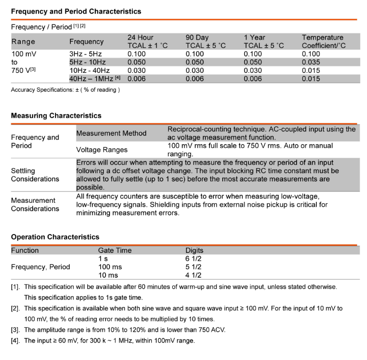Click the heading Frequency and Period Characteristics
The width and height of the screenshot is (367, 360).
[x=76, y=11]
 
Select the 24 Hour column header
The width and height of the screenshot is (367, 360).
[x=147, y=42]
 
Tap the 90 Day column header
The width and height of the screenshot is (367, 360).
[x=205, y=42]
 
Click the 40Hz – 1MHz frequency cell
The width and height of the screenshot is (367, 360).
[x=94, y=78]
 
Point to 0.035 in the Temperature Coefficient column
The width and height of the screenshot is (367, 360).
[x=311, y=62]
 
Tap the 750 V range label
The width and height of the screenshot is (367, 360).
[x=23, y=70]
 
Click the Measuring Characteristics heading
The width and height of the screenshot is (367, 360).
[x=56, y=116]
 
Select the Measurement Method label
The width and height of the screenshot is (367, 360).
[x=111, y=133]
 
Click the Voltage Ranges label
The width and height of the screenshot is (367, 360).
[x=102, y=149]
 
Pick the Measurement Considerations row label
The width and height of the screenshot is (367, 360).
[x=35, y=204]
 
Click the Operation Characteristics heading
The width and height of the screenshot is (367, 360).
[x=55, y=237]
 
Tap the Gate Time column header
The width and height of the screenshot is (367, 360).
[x=115, y=250]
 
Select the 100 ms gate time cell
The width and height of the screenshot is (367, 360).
[x=110, y=267]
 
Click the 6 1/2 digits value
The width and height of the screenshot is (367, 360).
[x=193, y=258]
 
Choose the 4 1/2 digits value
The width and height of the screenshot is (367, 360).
[x=193, y=275]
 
